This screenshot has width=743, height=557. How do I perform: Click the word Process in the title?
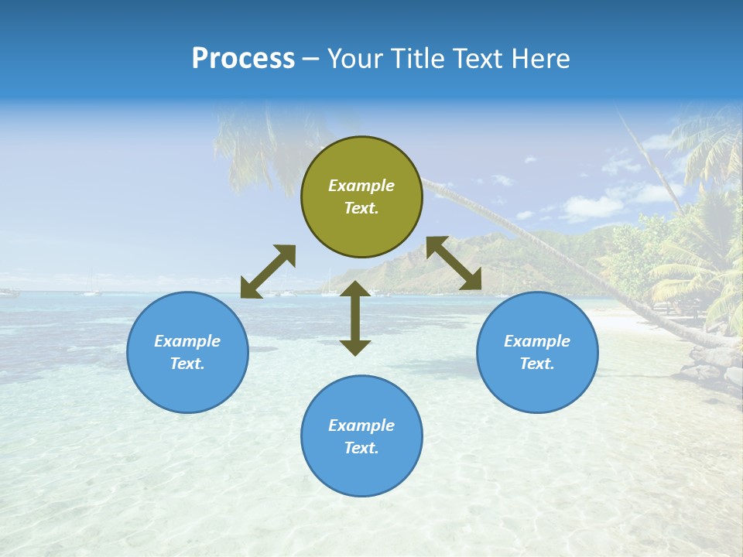pyautogui.click(x=243, y=59)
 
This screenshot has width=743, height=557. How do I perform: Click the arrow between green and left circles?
pyautogui.click(x=268, y=272)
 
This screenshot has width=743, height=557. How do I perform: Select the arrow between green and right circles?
pyautogui.click(x=454, y=264)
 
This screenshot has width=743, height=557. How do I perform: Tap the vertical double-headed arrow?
pyautogui.click(x=355, y=318)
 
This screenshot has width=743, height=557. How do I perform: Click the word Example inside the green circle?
pyautogui.click(x=361, y=186)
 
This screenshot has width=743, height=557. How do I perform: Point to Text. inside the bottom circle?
pyautogui.click(x=361, y=448)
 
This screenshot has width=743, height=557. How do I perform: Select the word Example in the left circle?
pyautogui.click(x=187, y=341)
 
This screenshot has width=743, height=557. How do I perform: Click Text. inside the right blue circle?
pyautogui.click(x=537, y=364)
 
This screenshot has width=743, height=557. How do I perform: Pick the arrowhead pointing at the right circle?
pyautogui.click(x=472, y=282)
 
